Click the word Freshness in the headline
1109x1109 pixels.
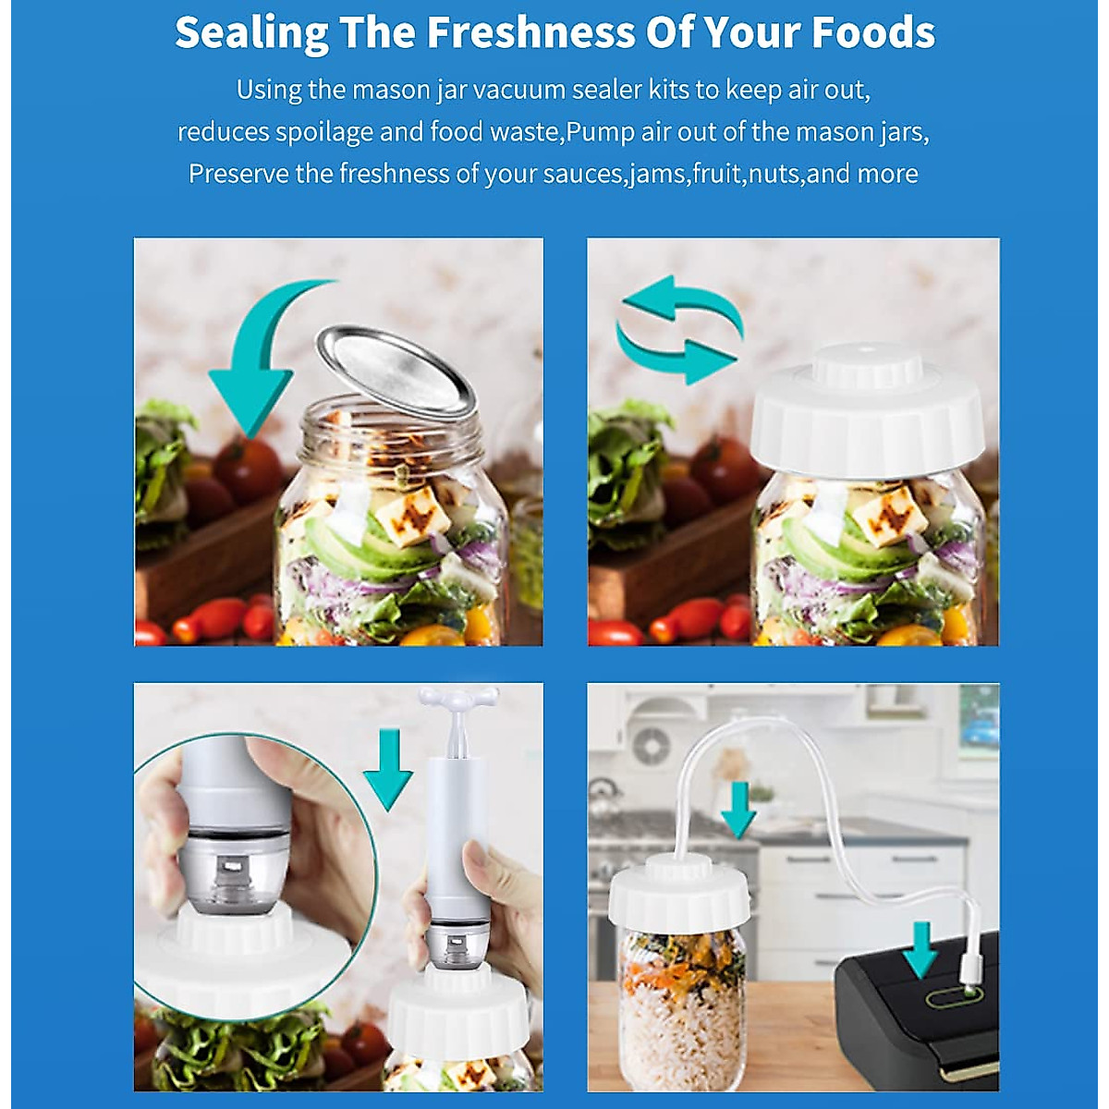tap(530, 32)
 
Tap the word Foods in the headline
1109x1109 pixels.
tap(873, 32)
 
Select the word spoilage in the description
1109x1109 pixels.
tap(324, 132)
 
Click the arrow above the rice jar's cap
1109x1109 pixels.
tap(737, 810)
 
